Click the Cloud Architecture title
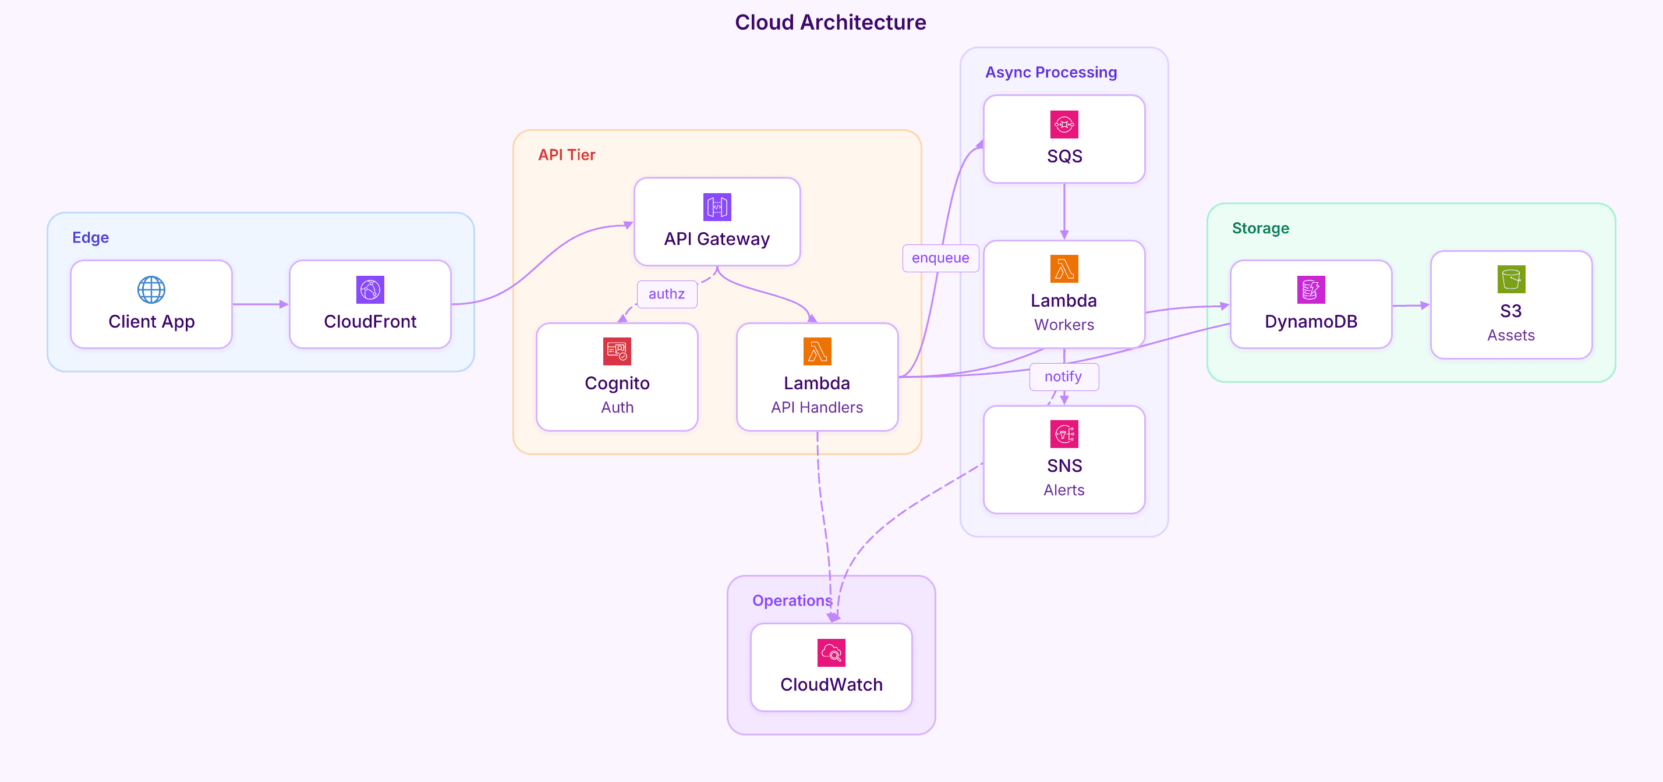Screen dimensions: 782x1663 click(830, 23)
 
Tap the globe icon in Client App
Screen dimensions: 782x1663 click(151, 290)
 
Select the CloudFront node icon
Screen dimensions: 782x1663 click(370, 290)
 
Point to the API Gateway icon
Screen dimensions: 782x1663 click(717, 207)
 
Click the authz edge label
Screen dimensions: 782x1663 click(666, 294)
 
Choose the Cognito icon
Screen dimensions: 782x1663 click(617, 351)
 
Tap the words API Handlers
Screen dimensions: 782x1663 click(816, 407)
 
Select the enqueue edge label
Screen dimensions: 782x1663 click(940, 258)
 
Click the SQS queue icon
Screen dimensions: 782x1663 click(1064, 125)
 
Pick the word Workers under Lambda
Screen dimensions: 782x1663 click(1064, 325)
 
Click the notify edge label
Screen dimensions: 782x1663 click(1063, 377)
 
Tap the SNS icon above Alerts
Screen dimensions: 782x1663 click(1064, 434)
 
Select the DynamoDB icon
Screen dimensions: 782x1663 click(1311, 290)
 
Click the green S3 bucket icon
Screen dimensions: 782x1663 click(1510, 279)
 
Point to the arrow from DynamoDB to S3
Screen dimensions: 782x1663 click(1410, 305)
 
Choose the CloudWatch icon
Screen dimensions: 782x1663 click(831, 653)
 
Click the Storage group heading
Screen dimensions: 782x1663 click(1260, 229)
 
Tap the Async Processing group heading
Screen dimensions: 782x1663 click(1050, 72)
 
